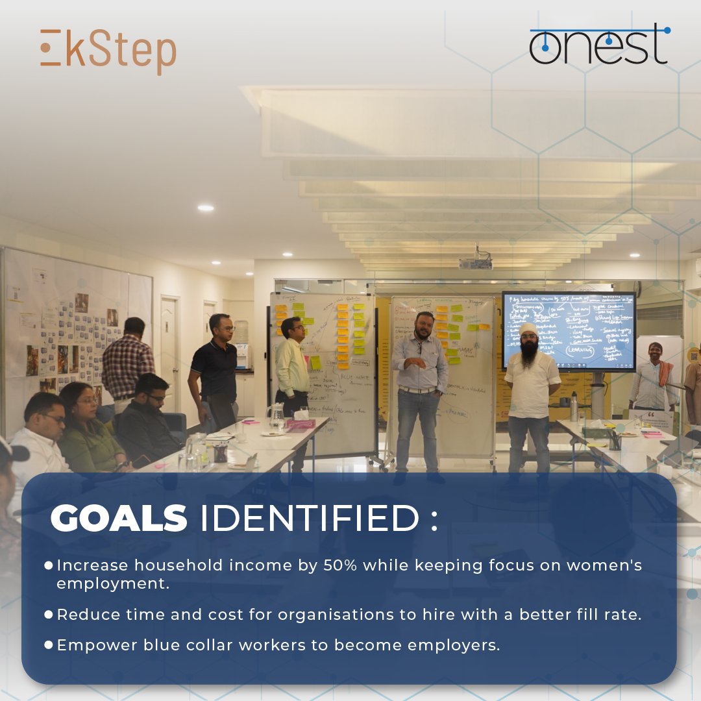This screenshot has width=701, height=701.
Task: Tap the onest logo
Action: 598,45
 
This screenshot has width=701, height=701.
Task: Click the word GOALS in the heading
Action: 119,519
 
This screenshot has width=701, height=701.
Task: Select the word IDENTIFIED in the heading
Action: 309,519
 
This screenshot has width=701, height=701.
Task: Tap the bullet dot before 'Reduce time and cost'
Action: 48,615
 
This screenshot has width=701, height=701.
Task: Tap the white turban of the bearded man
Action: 530,328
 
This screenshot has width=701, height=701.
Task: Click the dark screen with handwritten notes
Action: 569,331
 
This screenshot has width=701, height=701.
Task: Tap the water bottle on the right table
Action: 574,407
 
